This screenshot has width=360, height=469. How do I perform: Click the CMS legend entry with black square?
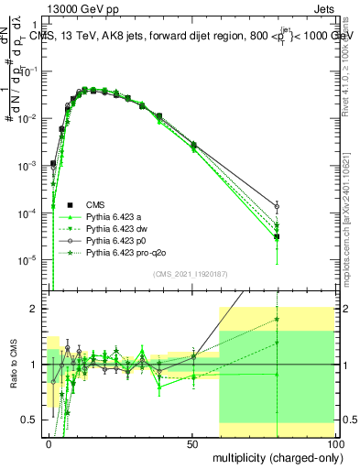click(96, 204)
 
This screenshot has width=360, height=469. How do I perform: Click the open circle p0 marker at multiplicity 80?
click(277, 207)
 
